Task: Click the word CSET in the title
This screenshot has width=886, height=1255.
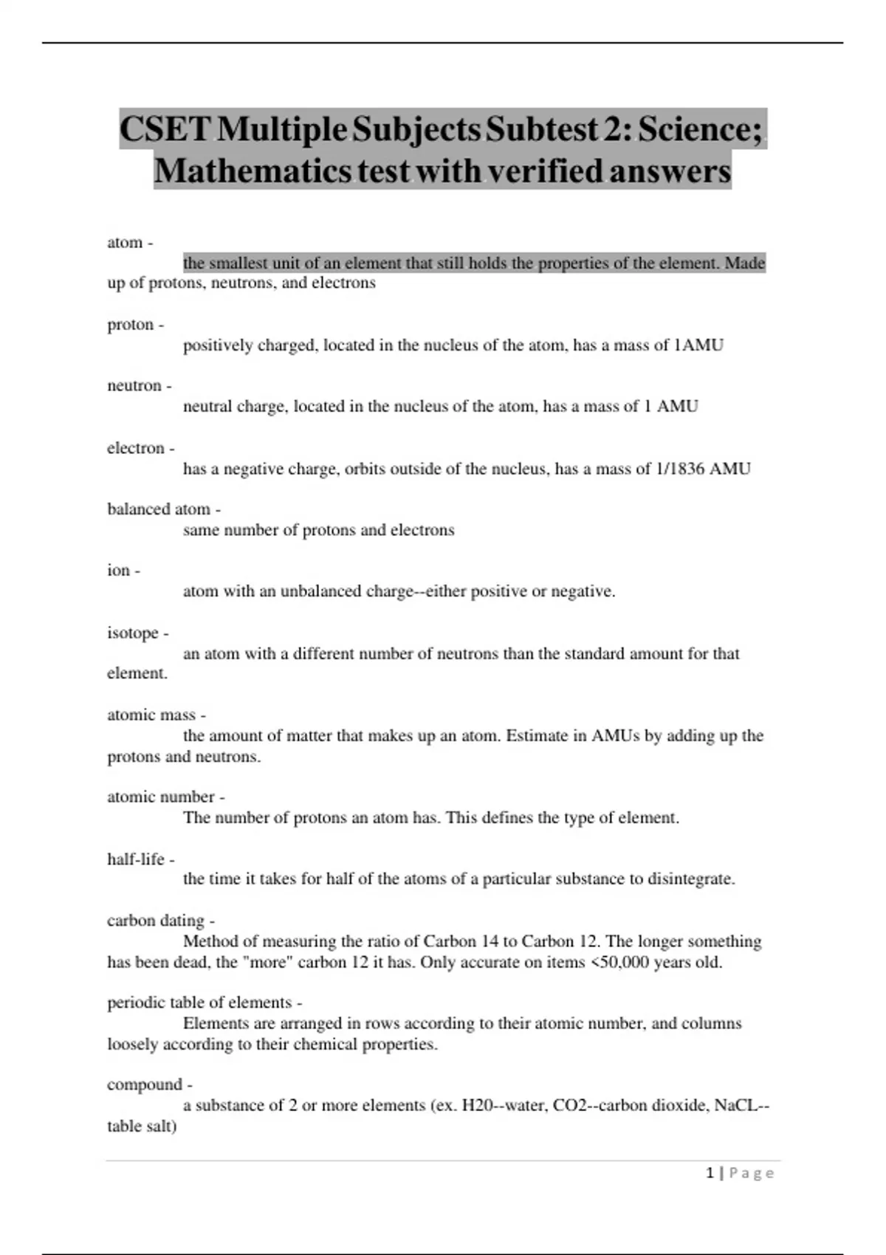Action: pos(165,129)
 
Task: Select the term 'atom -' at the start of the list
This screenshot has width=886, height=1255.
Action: pos(130,242)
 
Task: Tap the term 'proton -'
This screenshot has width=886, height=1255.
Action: pos(136,325)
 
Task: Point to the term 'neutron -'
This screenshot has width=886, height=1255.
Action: pos(140,385)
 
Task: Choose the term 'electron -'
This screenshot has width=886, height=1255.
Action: pos(141,448)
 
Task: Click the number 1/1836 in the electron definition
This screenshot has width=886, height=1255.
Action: pos(679,469)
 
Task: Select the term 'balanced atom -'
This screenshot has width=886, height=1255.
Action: pos(164,509)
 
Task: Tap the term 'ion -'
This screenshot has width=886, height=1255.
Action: pos(123,571)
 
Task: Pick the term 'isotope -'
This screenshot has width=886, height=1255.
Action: pos(138,633)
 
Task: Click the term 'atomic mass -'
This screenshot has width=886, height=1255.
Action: pos(157,715)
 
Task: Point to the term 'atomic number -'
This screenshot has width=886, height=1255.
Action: pos(166,797)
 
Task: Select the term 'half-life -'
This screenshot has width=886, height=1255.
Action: pos(141,859)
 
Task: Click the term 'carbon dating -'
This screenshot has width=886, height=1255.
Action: pos(161,921)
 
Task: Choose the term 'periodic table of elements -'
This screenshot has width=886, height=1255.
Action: pos(205,1003)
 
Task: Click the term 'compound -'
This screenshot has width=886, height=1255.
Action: pos(150,1084)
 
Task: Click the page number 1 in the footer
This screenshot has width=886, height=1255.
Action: pos(710,1173)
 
